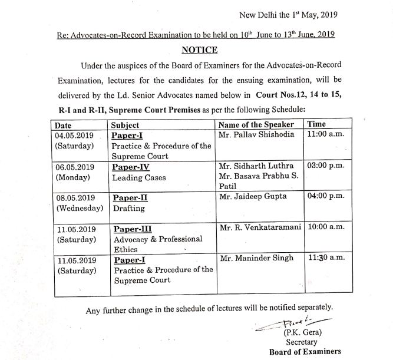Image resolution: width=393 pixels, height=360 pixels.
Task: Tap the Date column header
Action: (62, 125)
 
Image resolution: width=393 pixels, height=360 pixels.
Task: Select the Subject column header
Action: (125, 125)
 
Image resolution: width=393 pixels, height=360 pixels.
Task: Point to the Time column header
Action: (317, 124)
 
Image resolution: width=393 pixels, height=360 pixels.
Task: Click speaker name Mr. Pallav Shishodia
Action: (256, 135)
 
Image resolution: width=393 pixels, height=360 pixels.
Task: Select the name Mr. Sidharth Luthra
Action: (257, 166)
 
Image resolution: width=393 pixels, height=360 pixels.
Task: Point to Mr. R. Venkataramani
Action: (260, 228)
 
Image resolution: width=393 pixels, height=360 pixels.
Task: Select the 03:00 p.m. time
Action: (326, 166)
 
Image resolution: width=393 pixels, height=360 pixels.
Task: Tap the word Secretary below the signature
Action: (302, 342)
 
